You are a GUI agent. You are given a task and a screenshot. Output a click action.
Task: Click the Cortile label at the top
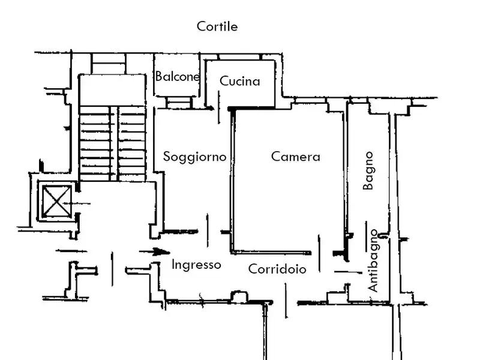217,26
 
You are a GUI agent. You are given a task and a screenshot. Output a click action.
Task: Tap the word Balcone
178,77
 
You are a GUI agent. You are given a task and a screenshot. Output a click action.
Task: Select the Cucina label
240,81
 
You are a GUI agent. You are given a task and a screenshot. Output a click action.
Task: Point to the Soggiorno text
195,157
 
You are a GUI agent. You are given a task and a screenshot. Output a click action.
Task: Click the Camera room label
296,157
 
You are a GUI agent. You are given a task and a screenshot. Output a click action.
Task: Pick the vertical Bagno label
369,171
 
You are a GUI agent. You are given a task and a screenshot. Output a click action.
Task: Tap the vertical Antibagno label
373,261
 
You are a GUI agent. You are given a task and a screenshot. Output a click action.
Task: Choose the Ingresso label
196,265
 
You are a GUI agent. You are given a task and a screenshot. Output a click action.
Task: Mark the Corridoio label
277,269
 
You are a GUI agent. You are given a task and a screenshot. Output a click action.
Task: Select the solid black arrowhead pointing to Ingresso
159,252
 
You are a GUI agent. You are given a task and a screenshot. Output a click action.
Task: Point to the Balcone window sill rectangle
178,103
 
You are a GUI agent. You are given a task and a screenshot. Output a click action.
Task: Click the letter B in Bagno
369,185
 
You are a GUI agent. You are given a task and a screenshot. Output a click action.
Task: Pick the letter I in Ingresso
173,265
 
